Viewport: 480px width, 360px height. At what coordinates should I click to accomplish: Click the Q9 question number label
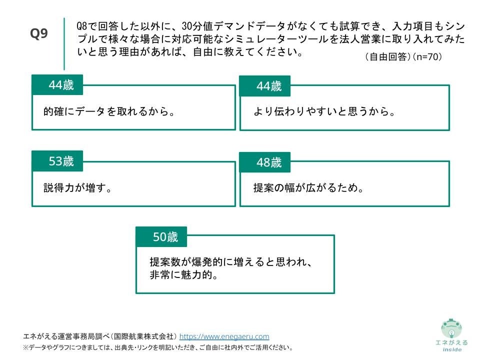39,33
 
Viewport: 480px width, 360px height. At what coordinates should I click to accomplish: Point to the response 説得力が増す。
77,188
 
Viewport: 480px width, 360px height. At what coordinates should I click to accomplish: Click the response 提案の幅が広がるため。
308,188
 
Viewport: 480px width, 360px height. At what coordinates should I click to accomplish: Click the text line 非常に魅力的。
185,275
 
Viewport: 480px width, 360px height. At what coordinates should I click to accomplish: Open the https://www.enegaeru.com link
224,336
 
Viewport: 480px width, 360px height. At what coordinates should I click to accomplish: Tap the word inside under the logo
451,349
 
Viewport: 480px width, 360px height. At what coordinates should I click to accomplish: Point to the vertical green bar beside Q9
64,43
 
